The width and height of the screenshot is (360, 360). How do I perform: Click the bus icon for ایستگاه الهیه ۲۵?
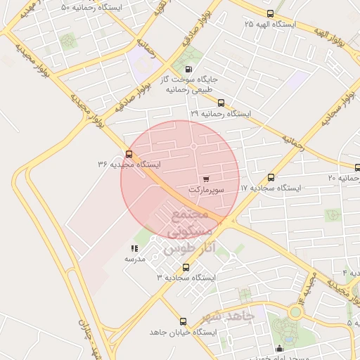point(271,13)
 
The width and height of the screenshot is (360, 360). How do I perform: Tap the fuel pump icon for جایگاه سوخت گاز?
point(188,69)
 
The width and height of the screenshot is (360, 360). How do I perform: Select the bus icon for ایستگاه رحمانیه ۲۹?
point(221,103)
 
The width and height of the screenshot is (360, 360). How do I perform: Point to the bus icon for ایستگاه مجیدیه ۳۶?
point(129,154)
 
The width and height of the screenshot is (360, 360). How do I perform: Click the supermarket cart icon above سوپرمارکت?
point(205,179)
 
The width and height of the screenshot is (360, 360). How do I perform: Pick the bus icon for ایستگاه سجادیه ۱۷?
point(271,178)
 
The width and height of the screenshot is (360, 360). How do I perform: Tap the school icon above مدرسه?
point(134,248)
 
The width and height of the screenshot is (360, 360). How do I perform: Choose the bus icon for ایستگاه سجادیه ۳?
point(186,267)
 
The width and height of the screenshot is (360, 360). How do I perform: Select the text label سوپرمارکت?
point(207,190)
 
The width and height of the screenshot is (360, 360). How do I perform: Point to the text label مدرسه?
point(134,259)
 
